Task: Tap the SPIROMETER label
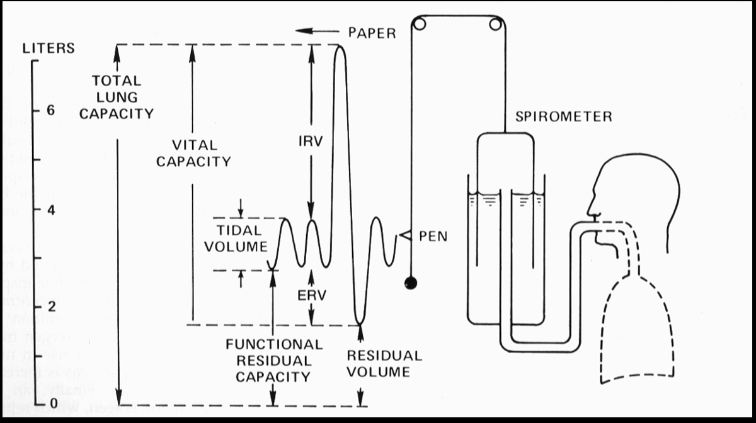(563, 116)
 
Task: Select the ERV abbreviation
(312, 296)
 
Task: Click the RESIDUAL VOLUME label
(384, 363)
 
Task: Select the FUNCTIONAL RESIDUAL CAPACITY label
(274, 361)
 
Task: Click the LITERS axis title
(49, 48)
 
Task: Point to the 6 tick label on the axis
(50, 110)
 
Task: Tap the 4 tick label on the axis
(50, 209)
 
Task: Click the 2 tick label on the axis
(50, 307)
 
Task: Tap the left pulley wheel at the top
(419, 25)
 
